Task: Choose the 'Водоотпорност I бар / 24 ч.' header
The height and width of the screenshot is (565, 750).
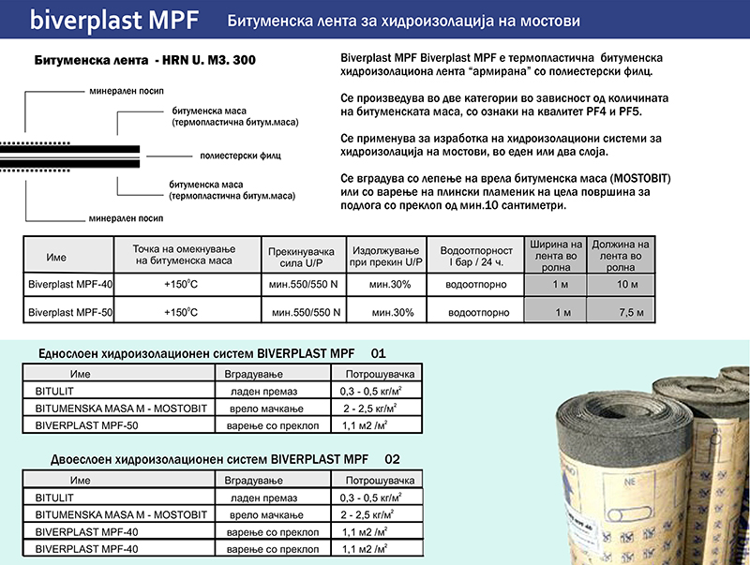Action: pyautogui.click(x=476, y=256)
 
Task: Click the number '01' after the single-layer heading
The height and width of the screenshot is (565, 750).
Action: pyautogui.click(x=379, y=354)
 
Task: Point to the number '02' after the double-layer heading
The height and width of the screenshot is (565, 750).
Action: pyautogui.click(x=392, y=460)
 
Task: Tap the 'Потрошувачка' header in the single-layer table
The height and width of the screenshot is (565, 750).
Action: pyautogui.click(x=374, y=373)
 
